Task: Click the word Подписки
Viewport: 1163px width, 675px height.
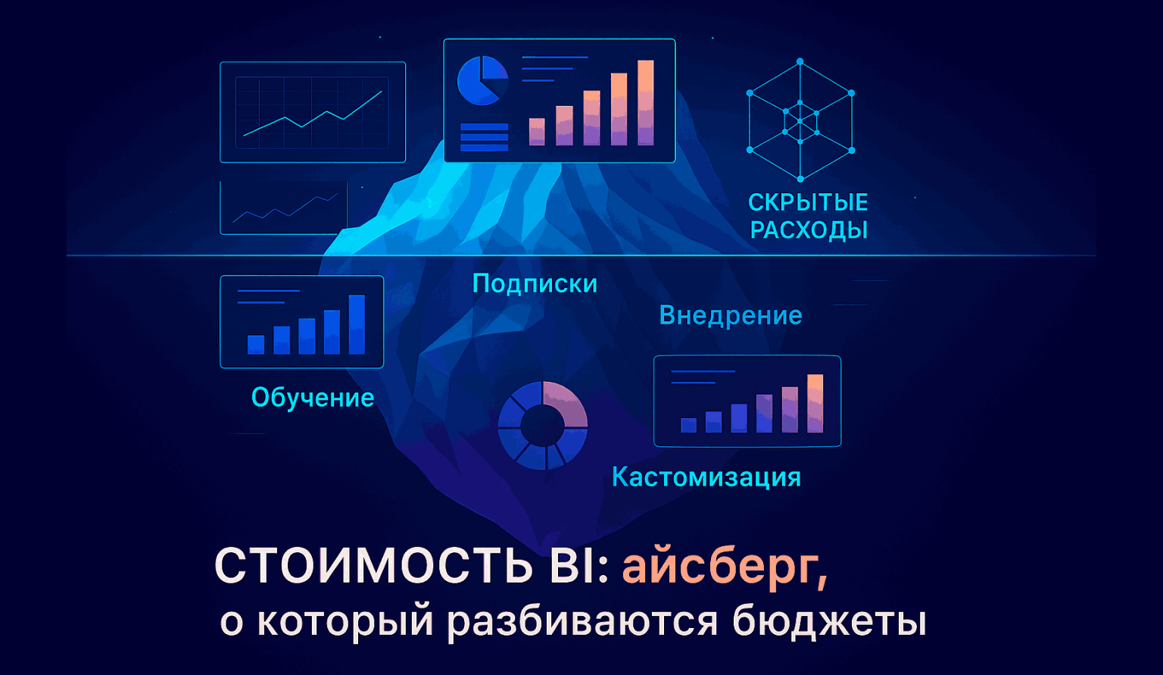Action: click(x=535, y=284)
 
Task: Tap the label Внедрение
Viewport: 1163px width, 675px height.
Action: click(x=731, y=315)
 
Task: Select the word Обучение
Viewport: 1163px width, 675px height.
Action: click(x=313, y=398)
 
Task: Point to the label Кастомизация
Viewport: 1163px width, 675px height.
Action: click(x=706, y=477)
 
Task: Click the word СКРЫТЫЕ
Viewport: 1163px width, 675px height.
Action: click(x=808, y=203)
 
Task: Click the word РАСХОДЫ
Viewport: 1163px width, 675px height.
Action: click(x=809, y=230)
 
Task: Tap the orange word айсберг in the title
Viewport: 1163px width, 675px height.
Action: click(x=725, y=568)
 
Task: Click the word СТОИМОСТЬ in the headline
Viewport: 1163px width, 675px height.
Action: click(x=374, y=567)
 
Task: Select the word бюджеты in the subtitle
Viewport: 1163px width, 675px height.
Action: click(x=829, y=622)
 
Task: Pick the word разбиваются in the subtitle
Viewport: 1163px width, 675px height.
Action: click(x=582, y=622)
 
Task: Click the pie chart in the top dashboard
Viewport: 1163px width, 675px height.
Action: click(x=482, y=81)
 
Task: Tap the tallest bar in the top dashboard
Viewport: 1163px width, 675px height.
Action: click(x=645, y=103)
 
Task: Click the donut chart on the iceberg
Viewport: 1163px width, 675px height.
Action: click(x=543, y=426)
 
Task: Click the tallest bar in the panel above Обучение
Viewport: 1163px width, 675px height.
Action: click(x=357, y=325)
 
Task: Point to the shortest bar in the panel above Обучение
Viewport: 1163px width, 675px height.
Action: click(x=256, y=345)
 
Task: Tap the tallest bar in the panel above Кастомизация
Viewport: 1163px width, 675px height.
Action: click(x=815, y=403)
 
